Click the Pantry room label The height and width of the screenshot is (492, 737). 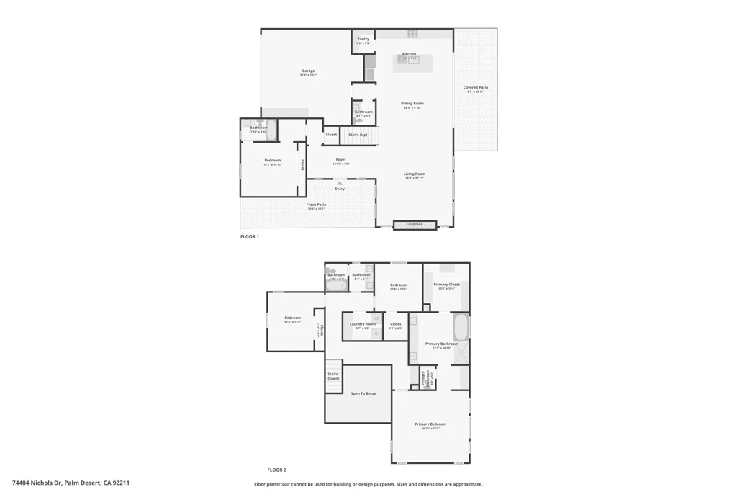pos(363,39)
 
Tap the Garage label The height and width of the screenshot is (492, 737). pos(308,71)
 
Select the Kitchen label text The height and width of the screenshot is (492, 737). pos(409,54)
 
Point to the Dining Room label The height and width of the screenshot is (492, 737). pos(412,104)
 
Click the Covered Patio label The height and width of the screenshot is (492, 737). pos(476,88)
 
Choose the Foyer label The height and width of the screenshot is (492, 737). pos(341,160)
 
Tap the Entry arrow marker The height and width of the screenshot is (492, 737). pos(340,183)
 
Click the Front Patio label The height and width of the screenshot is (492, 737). pos(317,205)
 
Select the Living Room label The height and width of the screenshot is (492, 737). pos(415,174)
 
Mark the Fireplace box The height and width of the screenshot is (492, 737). pos(415,224)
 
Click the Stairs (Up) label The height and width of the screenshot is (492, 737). pos(358,135)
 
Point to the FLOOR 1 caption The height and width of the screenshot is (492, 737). pos(249,236)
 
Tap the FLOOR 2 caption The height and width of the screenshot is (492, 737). pos(276,469)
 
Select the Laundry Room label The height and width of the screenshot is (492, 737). pos(363,325)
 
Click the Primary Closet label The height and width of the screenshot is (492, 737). pos(446,285)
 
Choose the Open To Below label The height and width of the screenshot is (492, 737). pos(363,393)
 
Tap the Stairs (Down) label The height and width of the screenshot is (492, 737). pos(333,375)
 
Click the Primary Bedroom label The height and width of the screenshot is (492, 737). pos(430,424)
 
